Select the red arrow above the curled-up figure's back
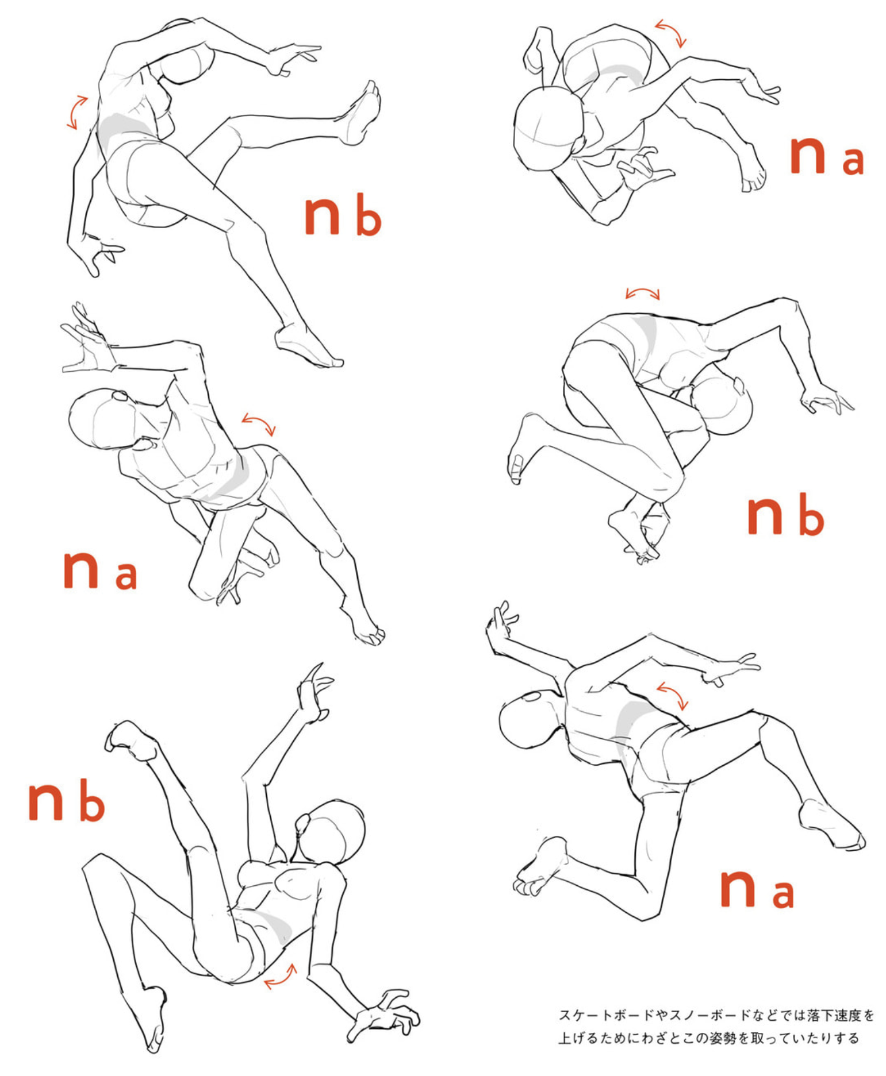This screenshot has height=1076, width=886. click(643, 294)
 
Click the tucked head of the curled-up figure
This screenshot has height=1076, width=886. click(722, 402)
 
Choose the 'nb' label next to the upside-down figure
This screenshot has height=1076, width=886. click(67, 800)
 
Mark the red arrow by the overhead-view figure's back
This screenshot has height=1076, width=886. click(671, 33)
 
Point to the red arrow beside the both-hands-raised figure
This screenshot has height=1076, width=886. click(259, 423)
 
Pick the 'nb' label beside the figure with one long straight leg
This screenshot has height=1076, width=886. click(343, 215)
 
